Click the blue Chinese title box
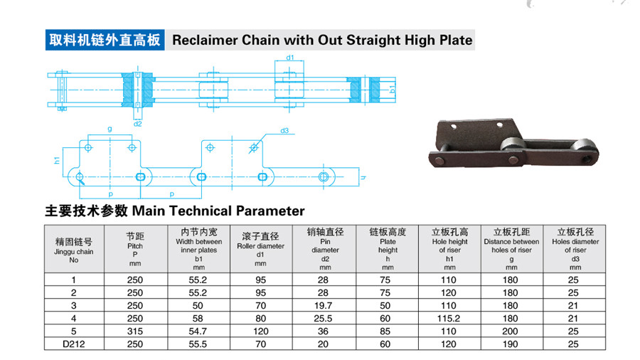coord(105,40)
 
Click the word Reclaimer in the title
coord(205,40)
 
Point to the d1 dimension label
coord(290,58)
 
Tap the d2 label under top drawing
coord(137,124)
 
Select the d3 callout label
coord(284,131)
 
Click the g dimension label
coord(110,129)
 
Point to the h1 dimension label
coord(57,160)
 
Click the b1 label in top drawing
coord(393,88)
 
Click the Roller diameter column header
coord(260,250)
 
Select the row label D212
coord(74,344)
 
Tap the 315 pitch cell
coord(135,332)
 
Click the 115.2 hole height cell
coord(449,318)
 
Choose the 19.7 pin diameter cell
coord(324,306)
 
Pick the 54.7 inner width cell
coord(198,332)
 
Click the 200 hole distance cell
coord(510,332)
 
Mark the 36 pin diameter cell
coord(323,332)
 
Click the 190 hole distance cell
coord(510,344)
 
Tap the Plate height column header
coord(388,250)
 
